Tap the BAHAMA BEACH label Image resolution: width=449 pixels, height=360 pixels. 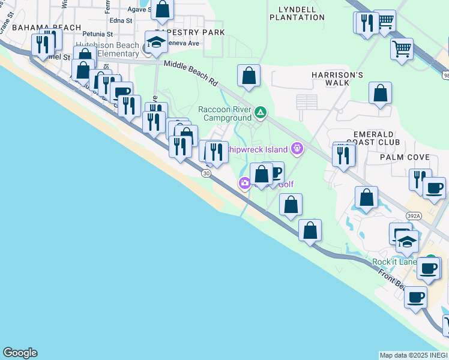click(x=46, y=28)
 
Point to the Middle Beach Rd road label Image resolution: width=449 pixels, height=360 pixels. click(x=191, y=71)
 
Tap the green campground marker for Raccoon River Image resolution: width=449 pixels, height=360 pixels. click(x=261, y=112)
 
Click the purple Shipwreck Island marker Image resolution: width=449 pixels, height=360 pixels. click(x=296, y=148)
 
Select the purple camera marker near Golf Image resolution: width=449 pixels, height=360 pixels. click(x=244, y=184)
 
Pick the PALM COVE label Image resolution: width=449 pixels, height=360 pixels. click(x=404, y=157)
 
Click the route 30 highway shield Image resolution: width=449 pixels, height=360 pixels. click(x=206, y=173)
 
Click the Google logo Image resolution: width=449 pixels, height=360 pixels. click(x=20, y=353)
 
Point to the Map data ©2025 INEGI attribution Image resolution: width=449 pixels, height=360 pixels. click(x=414, y=355)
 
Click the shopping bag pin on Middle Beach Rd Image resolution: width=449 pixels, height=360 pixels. click(x=249, y=77)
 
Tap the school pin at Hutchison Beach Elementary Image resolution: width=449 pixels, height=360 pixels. click(x=155, y=43)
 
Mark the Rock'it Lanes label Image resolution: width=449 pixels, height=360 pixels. click(x=394, y=262)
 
